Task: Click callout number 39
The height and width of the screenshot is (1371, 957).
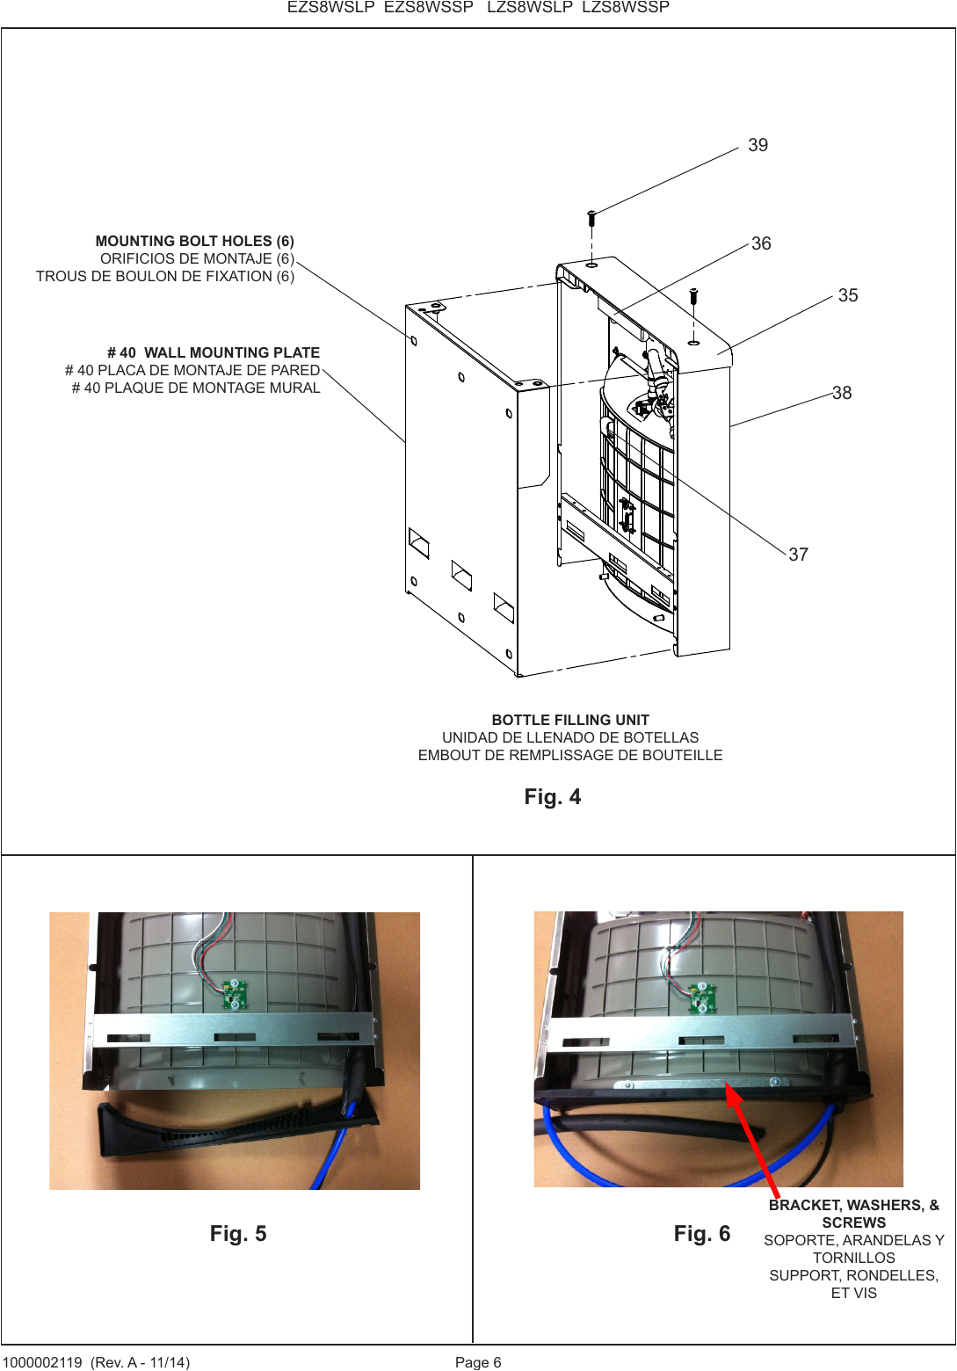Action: point(758,145)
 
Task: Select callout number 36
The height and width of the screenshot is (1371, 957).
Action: point(761,243)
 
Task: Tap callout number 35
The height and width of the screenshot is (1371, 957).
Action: point(847,295)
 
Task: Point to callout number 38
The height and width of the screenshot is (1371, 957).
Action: point(841,393)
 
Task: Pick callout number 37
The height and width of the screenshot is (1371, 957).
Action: point(798,555)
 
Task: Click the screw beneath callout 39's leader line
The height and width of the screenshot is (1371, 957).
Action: point(591,215)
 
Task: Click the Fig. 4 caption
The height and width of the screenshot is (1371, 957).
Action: point(552,797)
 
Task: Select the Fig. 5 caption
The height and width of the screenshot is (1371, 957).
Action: point(237,1234)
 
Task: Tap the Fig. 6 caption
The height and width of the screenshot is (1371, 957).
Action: point(701,1234)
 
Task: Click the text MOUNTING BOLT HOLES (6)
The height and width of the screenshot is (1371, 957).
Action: point(194,241)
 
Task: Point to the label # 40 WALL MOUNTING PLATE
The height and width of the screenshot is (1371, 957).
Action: point(213,352)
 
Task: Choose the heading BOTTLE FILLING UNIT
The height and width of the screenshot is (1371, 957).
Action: point(569,720)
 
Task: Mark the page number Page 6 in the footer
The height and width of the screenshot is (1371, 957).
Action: point(477,1362)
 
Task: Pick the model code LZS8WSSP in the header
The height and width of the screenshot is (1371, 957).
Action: point(625,8)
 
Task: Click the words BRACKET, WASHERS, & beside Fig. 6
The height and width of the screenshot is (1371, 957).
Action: point(853,1205)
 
